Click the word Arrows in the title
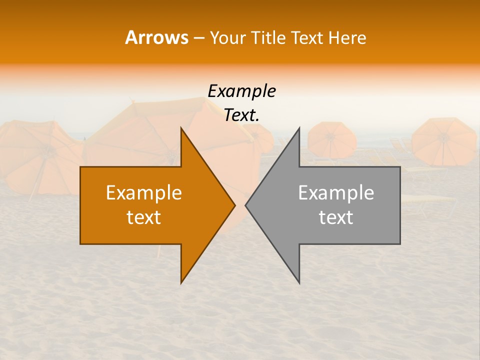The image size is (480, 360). coord(156,38)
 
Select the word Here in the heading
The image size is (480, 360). coord(347,38)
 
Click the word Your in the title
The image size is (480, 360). coord(227,38)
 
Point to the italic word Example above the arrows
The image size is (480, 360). coord(241,91)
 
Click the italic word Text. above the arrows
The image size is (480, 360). coord(241,115)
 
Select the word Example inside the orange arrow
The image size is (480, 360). coord(144,193)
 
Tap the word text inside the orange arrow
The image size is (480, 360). coord(144,217)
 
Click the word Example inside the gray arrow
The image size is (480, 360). coord(336,193)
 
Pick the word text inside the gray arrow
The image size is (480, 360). coord(336,217)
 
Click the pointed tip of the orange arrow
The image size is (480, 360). coord(234,205)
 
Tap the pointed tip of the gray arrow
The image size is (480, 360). coord(246,205)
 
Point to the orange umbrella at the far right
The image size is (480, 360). coord(444,141)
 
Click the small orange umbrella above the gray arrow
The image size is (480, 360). coord(331,139)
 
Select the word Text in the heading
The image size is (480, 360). coord(308,38)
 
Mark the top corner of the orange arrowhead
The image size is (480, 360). coord(181,128)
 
